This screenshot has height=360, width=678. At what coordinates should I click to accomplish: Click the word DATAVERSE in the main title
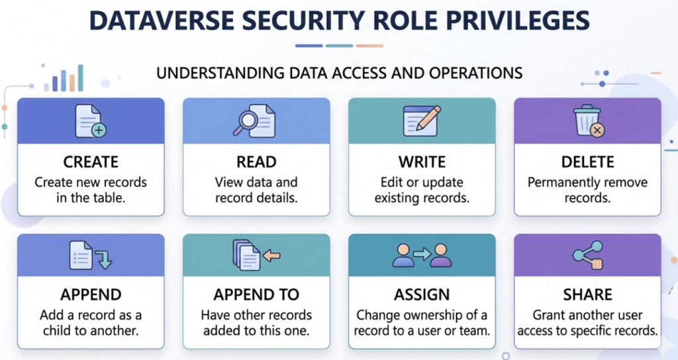(161, 21)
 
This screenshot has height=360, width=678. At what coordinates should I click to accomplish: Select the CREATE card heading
(91, 162)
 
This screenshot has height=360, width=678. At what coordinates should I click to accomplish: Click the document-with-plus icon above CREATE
(91, 121)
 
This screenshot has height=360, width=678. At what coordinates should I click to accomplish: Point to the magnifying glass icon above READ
(245, 122)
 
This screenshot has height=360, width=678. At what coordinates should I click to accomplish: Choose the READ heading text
(256, 162)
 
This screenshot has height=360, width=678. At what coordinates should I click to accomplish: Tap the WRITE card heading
(422, 162)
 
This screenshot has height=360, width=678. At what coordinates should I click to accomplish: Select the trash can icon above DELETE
(588, 120)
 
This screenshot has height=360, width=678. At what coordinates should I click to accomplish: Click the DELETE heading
(588, 162)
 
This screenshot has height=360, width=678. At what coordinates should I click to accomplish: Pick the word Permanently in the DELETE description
(556, 183)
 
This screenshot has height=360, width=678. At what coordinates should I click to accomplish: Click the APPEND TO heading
(256, 294)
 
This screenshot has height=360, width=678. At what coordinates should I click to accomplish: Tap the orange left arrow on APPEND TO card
(271, 256)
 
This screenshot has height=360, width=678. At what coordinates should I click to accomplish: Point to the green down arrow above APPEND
(104, 259)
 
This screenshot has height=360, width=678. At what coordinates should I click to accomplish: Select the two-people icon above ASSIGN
(422, 255)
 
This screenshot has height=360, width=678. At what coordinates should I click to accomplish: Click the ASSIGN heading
(422, 294)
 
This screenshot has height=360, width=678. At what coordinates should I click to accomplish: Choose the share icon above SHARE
(588, 255)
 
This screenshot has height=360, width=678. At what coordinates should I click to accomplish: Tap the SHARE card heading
(588, 294)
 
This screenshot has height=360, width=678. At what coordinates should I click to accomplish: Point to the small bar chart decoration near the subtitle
(64, 79)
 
